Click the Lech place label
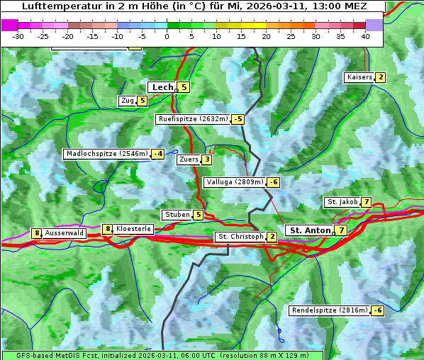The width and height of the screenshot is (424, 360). click(x=162, y=87)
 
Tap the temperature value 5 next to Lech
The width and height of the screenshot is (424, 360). click(x=184, y=87)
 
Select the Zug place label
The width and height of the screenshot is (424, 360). click(x=127, y=101)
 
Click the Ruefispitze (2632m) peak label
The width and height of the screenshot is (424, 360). click(x=193, y=119)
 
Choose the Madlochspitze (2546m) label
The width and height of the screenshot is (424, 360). click(x=106, y=154)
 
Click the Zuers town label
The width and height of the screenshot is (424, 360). click(x=188, y=159)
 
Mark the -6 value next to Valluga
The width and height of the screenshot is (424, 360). click(x=274, y=182)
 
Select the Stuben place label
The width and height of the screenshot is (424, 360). click(x=177, y=215)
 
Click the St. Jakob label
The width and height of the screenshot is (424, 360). click(x=342, y=202)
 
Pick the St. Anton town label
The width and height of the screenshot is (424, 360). click(x=310, y=230)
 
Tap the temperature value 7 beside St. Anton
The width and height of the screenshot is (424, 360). click(x=342, y=230)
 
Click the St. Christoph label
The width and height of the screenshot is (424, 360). click(x=240, y=236)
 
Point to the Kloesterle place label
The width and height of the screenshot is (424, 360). click(x=134, y=229)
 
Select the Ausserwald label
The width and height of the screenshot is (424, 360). click(x=65, y=233)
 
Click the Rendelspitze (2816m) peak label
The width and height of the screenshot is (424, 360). click(x=330, y=310)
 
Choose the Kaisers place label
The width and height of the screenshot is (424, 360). click(x=359, y=77)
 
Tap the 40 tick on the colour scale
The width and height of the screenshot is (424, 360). click(x=365, y=35)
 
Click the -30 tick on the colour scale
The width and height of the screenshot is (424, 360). click(x=18, y=35)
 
